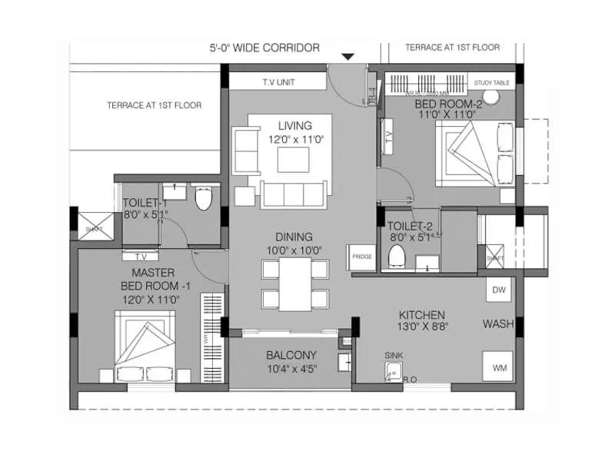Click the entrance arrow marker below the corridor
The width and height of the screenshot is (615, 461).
[x=348, y=56]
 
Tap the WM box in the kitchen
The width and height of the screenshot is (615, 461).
[x=498, y=367]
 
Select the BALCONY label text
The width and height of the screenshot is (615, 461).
[x=291, y=355]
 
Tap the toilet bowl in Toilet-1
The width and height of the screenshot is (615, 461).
[x=203, y=200]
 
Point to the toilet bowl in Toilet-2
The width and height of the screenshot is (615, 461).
[x=397, y=255]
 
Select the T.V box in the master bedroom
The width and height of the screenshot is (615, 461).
[x=141, y=257]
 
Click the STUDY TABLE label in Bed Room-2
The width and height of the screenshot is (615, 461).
[x=492, y=83]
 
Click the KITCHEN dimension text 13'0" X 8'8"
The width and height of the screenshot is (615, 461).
[x=421, y=327]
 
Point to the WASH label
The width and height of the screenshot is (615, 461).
[x=497, y=324]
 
